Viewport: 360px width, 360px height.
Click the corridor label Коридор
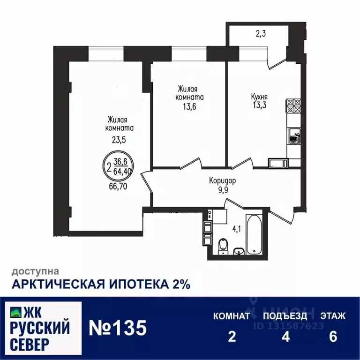tap(222, 180)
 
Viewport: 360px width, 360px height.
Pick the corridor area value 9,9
tap(222, 189)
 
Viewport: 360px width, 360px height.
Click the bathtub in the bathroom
tap(255, 235)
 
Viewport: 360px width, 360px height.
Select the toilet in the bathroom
tap(223, 245)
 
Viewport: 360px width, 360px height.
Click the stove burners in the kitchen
tap(293, 105)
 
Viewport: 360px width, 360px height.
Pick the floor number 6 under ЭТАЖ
tap(333, 337)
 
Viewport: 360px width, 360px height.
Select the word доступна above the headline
tap(35, 271)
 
